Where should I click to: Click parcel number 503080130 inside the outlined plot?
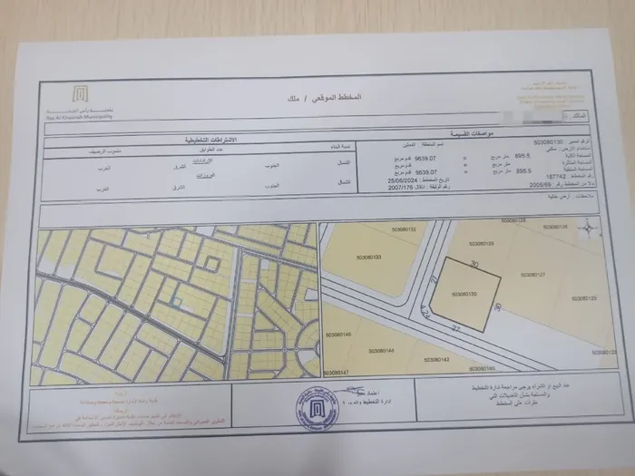pyautogui.click(x=464, y=296)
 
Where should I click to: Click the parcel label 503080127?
pyautogui.click(x=534, y=274)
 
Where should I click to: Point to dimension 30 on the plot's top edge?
pyautogui.click(x=474, y=264)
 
